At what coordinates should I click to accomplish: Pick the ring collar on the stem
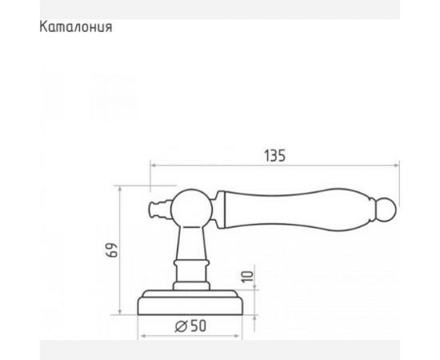(191, 265)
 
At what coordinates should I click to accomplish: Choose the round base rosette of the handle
(191, 303)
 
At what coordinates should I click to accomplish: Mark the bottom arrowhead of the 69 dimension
(120, 314)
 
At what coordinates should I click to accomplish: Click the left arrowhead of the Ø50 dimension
(142, 335)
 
